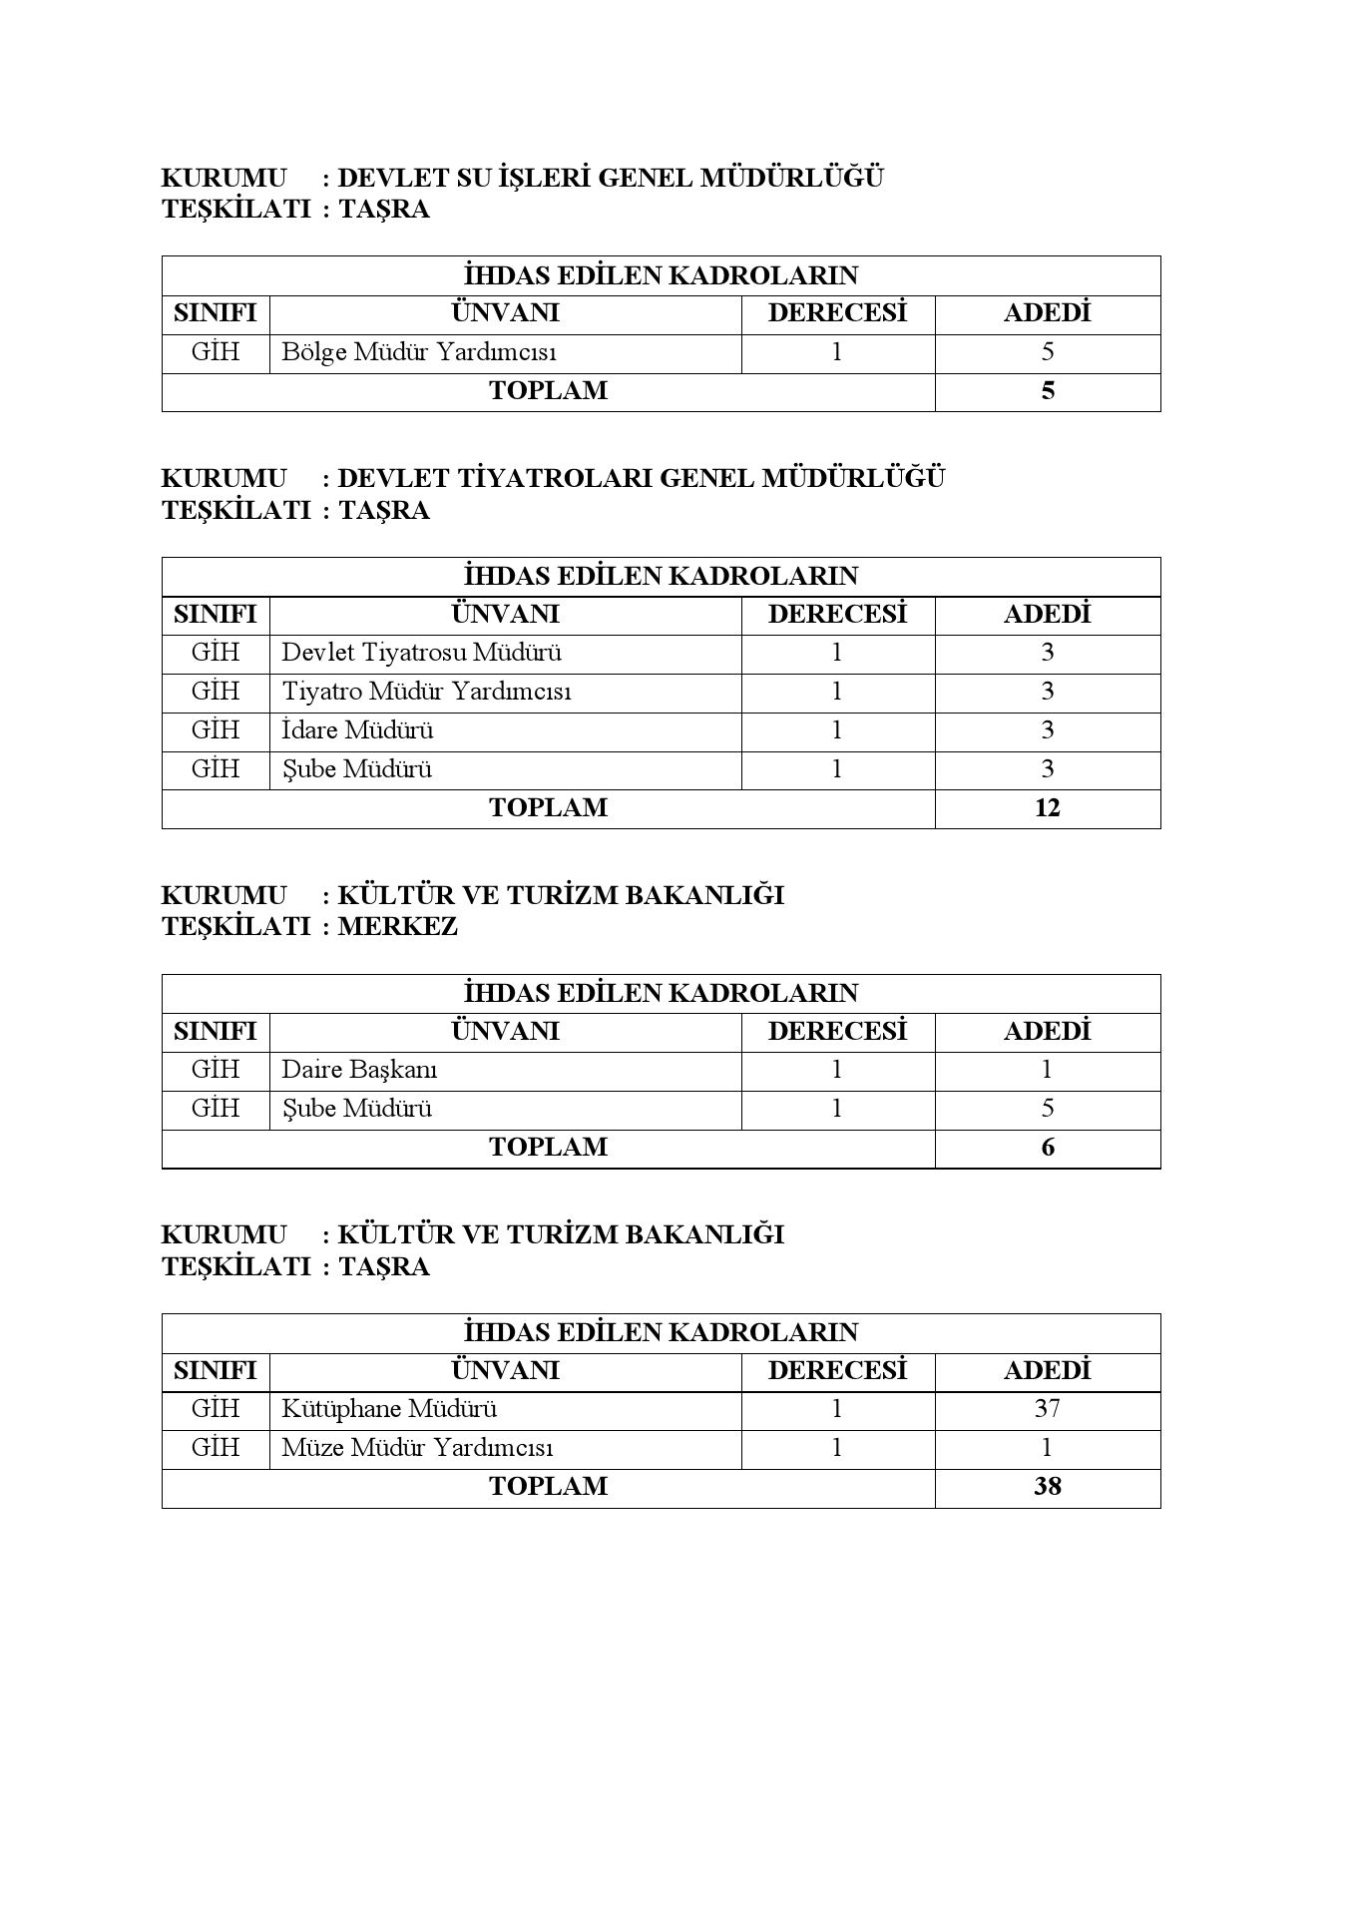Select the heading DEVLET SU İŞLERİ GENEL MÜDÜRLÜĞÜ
pos(611,179)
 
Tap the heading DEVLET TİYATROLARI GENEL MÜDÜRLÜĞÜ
pos(641,478)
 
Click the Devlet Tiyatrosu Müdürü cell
pos(421,653)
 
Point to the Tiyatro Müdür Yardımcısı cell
pos(426,692)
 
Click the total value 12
pos(1047,807)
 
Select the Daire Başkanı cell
pos(359,1070)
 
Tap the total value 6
pos(1047,1147)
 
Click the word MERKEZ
pos(397,926)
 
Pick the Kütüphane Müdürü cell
pos(389,1409)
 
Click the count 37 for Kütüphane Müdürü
pos(1047,1409)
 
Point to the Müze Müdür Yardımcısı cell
pos(417,1448)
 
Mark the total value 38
pos(1047,1486)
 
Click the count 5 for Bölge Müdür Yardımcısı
pos(1047,352)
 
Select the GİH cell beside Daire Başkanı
pos(216,1070)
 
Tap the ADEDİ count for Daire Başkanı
pos(1047,1070)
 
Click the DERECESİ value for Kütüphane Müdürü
pos(836,1409)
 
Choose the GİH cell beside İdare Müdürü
pos(216,730)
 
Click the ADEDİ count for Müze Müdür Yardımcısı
pos(1047,1448)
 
